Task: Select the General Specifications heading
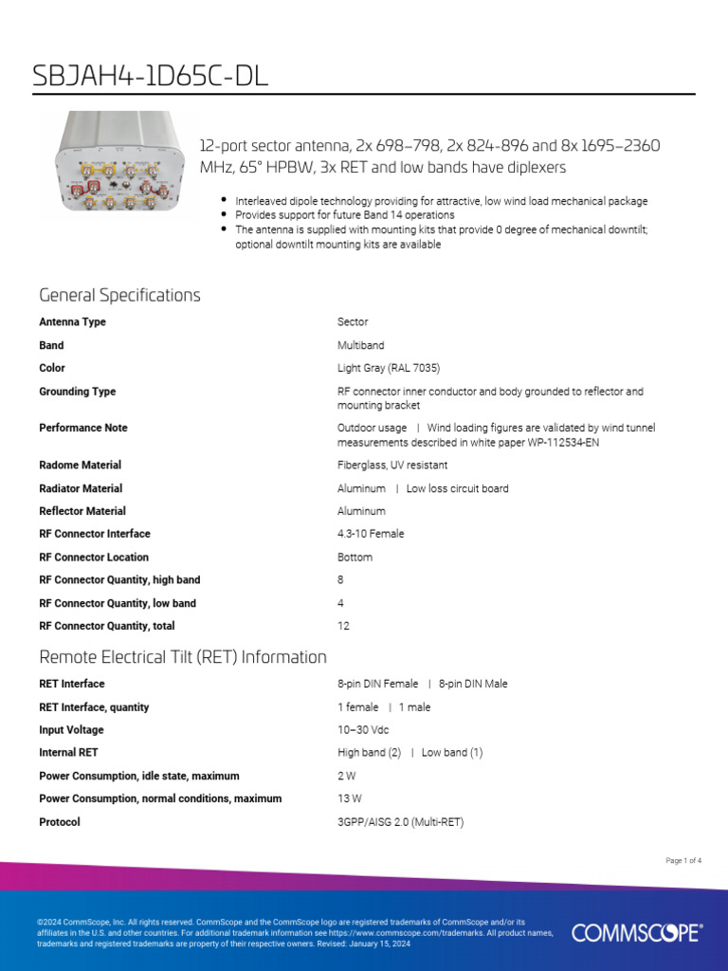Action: [x=119, y=295]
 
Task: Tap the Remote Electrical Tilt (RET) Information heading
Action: [x=183, y=657]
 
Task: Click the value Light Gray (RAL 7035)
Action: [x=389, y=368]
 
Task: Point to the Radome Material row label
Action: [x=80, y=465]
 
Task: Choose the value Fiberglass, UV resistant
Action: [x=392, y=465]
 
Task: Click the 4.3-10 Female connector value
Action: [x=371, y=534]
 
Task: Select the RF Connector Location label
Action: [x=94, y=557]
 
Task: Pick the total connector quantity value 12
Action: [x=343, y=626]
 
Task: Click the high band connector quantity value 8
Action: [x=340, y=579]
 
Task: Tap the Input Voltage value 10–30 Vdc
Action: [x=363, y=730]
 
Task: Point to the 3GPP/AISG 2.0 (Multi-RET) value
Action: [x=400, y=822]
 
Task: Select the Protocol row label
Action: [x=60, y=822]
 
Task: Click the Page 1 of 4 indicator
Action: [x=683, y=861]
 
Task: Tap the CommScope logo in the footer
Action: [x=636, y=933]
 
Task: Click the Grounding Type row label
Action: [x=77, y=392]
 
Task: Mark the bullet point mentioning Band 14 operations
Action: [x=344, y=215]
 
